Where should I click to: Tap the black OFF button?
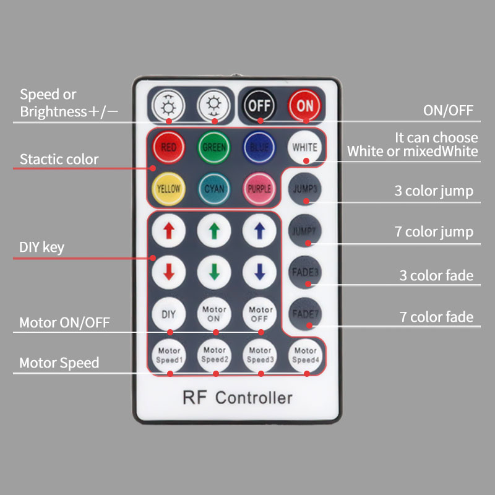pyautogui.click(x=259, y=105)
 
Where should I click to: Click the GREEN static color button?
pyautogui.click(x=214, y=147)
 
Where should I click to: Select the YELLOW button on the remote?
pyautogui.click(x=168, y=188)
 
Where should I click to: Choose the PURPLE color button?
pyautogui.click(x=259, y=188)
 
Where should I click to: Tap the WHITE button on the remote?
pyautogui.click(x=305, y=147)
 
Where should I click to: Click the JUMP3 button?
pyautogui.click(x=305, y=188)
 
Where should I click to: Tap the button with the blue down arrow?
pyautogui.click(x=259, y=271)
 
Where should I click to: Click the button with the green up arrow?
pyautogui.click(x=214, y=230)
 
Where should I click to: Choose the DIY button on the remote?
pyautogui.click(x=168, y=313)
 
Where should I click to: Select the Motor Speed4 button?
pyautogui.click(x=305, y=355)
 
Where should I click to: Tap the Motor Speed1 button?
pyautogui.click(x=168, y=355)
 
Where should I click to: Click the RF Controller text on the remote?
pyautogui.click(x=238, y=397)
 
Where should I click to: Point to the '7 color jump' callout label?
pyautogui.click(x=434, y=233)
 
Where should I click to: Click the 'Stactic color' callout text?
pyautogui.click(x=59, y=159)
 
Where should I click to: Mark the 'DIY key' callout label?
pyautogui.click(x=41, y=247)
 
